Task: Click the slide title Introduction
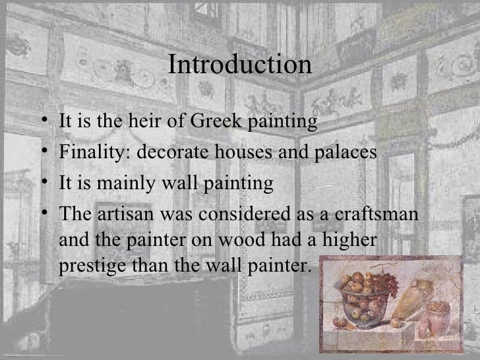point(239,66)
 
